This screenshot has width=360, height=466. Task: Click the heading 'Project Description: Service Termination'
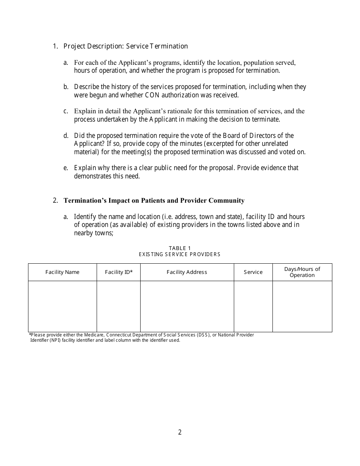tap(125, 46)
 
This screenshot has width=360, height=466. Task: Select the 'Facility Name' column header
tap(62, 272)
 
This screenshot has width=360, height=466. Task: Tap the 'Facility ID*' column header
tap(119, 272)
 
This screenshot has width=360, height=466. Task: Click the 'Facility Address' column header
tap(187, 272)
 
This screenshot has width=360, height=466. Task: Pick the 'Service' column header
tap(253, 272)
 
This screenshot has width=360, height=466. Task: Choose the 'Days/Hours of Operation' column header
tap(302, 272)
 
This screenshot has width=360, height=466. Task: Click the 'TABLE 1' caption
tap(180, 248)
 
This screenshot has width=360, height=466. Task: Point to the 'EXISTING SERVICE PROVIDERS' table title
tap(180, 254)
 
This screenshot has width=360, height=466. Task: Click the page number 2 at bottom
tap(180, 432)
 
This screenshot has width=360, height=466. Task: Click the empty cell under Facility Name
tap(62, 306)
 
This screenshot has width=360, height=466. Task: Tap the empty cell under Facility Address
tap(187, 306)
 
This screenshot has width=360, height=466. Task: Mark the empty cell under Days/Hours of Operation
tap(302, 306)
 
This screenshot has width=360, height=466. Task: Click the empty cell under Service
tap(253, 306)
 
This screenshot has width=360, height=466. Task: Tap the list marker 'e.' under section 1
tap(66, 168)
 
